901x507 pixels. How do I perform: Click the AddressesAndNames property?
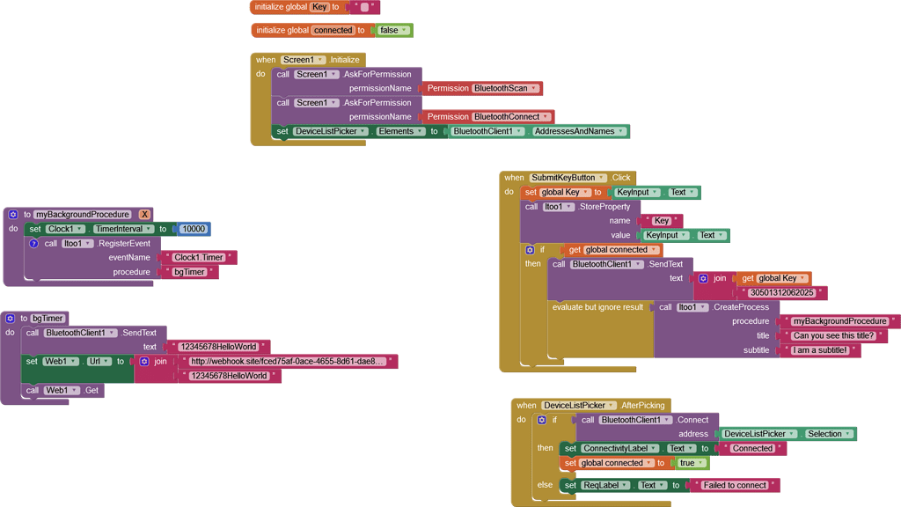coord(580,131)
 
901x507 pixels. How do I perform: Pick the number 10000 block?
coord(193,229)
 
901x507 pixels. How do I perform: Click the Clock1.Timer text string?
coord(199,258)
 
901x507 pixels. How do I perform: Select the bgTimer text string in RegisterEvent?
coord(189,273)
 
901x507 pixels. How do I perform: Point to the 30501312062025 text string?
coord(781,293)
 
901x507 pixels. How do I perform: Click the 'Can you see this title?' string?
coord(833,336)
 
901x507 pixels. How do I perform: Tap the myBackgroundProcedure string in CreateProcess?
coord(839,321)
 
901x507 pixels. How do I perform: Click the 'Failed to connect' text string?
coord(735,485)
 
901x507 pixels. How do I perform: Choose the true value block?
coord(690,463)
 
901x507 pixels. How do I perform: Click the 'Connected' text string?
coord(752,448)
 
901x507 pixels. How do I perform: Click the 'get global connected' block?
coord(611,250)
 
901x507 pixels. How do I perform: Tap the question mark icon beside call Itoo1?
coord(33,244)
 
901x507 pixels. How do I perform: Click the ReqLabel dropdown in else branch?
coord(605,485)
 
